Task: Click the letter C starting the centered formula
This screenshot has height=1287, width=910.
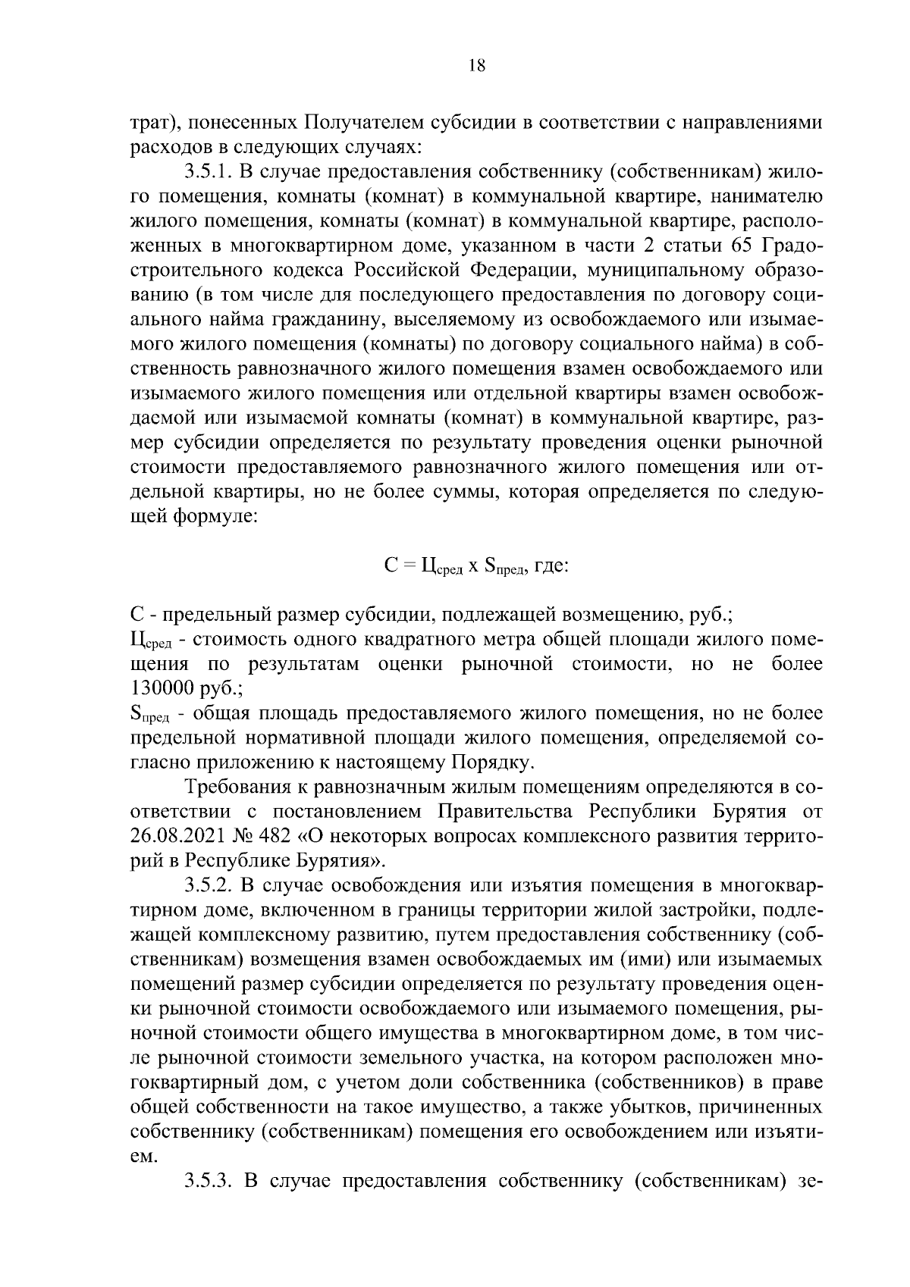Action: tap(391, 565)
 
